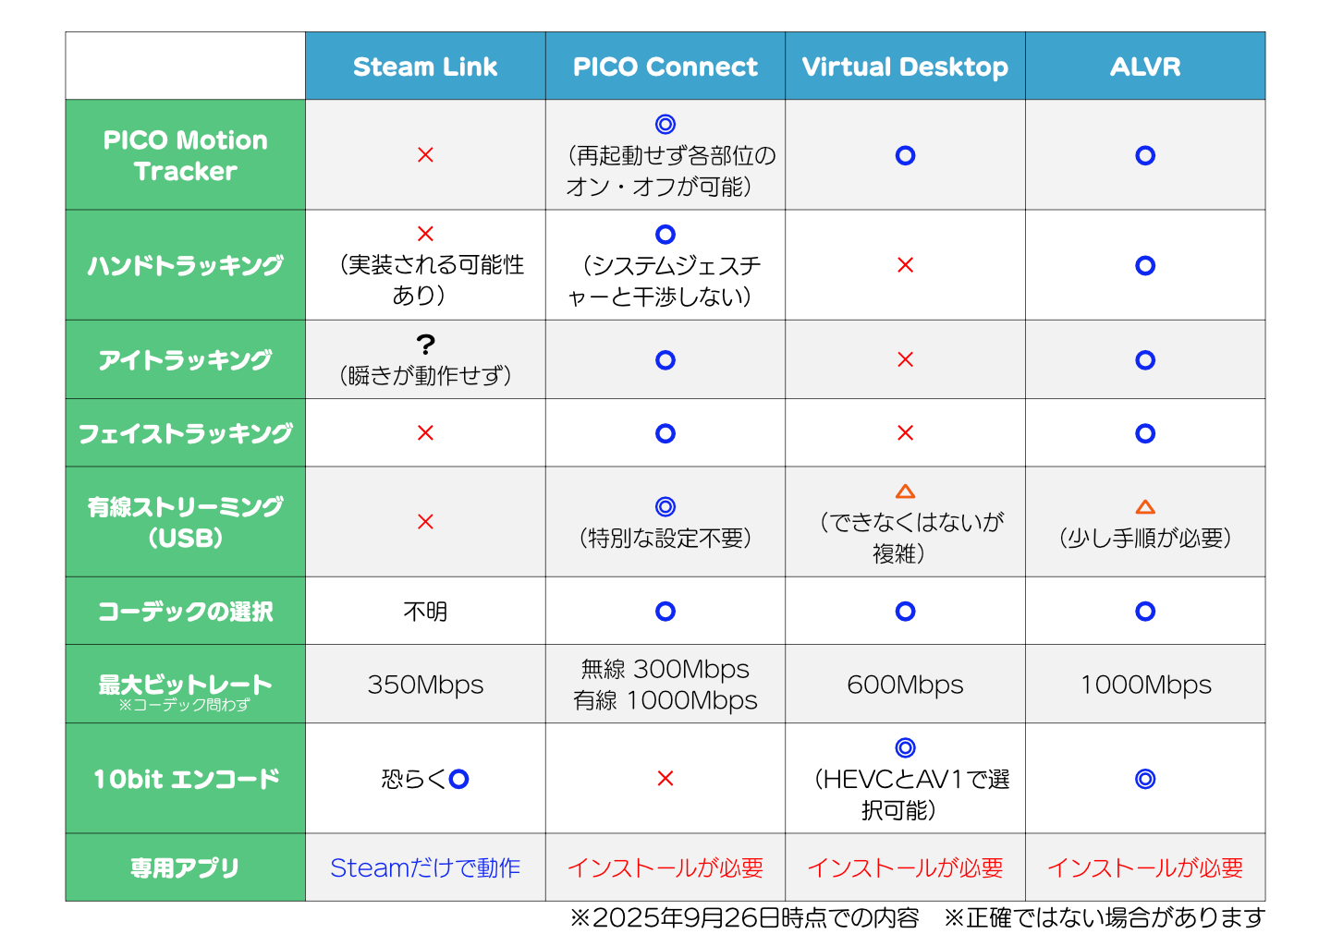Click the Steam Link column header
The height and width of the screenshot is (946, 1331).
click(x=425, y=67)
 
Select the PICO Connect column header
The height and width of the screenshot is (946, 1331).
click(x=665, y=67)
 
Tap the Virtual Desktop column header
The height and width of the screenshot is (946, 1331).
click(x=904, y=67)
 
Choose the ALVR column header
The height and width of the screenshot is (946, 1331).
click(x=1144, y=67)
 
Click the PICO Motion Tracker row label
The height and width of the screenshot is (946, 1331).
click(x=186, y=155)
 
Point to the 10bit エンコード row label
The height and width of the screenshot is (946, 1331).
click(x=186, y=779)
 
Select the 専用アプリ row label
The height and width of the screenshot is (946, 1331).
click(x=185, y=867)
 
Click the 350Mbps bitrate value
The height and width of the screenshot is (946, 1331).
click(x=425, y=685)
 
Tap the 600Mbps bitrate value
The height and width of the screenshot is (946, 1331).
click(x=905, y=685)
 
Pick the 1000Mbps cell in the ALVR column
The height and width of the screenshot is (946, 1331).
click(x=1145, y=685)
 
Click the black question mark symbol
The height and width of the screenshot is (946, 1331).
click(x=425, y=345)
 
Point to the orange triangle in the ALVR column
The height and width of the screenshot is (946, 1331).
click(x=1145, y=506)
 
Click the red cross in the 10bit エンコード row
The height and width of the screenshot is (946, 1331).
click(x=665, y=778)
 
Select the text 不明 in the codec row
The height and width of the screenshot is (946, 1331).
click(x=425, y=611)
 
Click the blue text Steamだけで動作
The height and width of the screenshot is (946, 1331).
click(x=425, y=868)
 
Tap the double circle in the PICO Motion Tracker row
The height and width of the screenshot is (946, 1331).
click(x=665, y=124)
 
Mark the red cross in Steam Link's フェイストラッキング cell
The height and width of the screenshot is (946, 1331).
click(x=425, y=432)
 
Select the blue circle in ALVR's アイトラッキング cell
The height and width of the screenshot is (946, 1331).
click(x=1145, y=360)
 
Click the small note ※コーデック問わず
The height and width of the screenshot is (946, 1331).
click(x=184, y=705)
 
